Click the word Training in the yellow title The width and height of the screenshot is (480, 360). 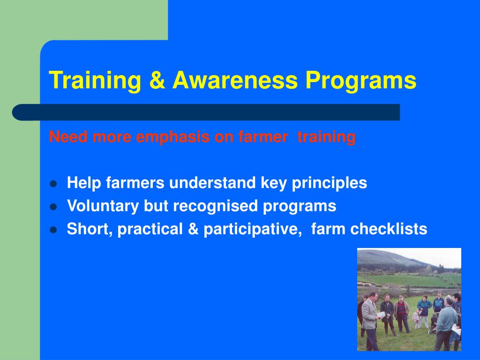click(x=95, y=81)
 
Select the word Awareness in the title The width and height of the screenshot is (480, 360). click(x=235, y=80)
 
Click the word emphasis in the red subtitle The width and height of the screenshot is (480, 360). click(x=172, y=137)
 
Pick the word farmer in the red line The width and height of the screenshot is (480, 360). click(x=263, y=137)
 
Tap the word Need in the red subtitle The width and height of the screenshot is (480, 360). click(x=68, y=136)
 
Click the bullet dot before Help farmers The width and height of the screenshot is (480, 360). click(x=53, y=184)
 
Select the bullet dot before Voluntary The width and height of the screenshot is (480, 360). click(x=53, y=207)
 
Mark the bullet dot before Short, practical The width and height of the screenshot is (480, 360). click(x=53, y=230)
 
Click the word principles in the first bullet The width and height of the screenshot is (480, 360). click(x=330, y=183)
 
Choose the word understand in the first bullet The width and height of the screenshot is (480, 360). click(x=212, y=183)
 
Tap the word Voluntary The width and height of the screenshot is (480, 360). click(x=103, y=206)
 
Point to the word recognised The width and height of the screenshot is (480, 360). click(x=215, y=206)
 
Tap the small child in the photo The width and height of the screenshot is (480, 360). click(x=416, y=319)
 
